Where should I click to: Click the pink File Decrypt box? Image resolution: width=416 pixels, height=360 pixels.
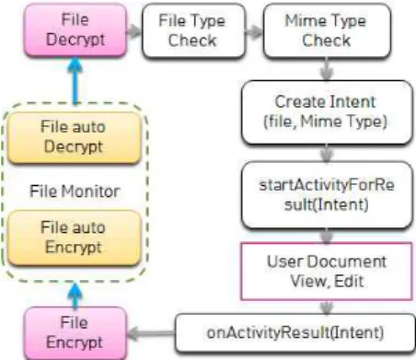tap(75, 30)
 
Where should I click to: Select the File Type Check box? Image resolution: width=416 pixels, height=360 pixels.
tap(194, 30)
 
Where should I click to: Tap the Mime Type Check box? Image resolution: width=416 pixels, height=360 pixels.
tap(327, 30)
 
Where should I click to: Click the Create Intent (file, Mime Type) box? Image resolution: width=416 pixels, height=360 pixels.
tap(327, 112)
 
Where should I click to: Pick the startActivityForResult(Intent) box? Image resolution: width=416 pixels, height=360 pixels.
tap(327, 195)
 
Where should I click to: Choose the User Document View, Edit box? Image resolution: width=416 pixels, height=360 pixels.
tap(327, 272)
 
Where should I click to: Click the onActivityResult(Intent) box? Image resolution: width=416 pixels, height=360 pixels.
tap(295, 333)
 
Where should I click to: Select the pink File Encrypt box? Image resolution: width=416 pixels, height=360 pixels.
tap(75, 333)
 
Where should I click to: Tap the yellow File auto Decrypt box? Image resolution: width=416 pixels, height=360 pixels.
tap(74, 137)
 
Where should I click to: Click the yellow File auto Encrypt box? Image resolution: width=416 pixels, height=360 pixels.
tap(74, 238)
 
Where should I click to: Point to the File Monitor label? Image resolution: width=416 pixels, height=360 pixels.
tap(75, 192)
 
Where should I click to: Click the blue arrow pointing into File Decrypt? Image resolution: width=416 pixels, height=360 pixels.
tap(75, 81)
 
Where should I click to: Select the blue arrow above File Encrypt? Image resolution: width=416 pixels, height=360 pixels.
tap(75, 296)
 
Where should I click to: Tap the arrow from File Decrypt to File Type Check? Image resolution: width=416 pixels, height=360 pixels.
tap(134, 30)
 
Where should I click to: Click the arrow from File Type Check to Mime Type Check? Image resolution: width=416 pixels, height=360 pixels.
tap(254, 31)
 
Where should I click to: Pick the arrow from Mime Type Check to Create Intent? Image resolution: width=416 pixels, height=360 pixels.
tap(327, 69)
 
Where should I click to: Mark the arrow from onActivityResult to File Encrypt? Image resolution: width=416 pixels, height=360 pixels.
tap(151, 333)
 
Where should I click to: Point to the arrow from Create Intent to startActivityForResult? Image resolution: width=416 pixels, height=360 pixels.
tap(327, 153)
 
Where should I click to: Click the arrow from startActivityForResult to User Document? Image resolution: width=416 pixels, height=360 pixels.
tap(327, 236)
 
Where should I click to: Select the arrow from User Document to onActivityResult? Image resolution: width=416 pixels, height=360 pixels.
tap(327, 308)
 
